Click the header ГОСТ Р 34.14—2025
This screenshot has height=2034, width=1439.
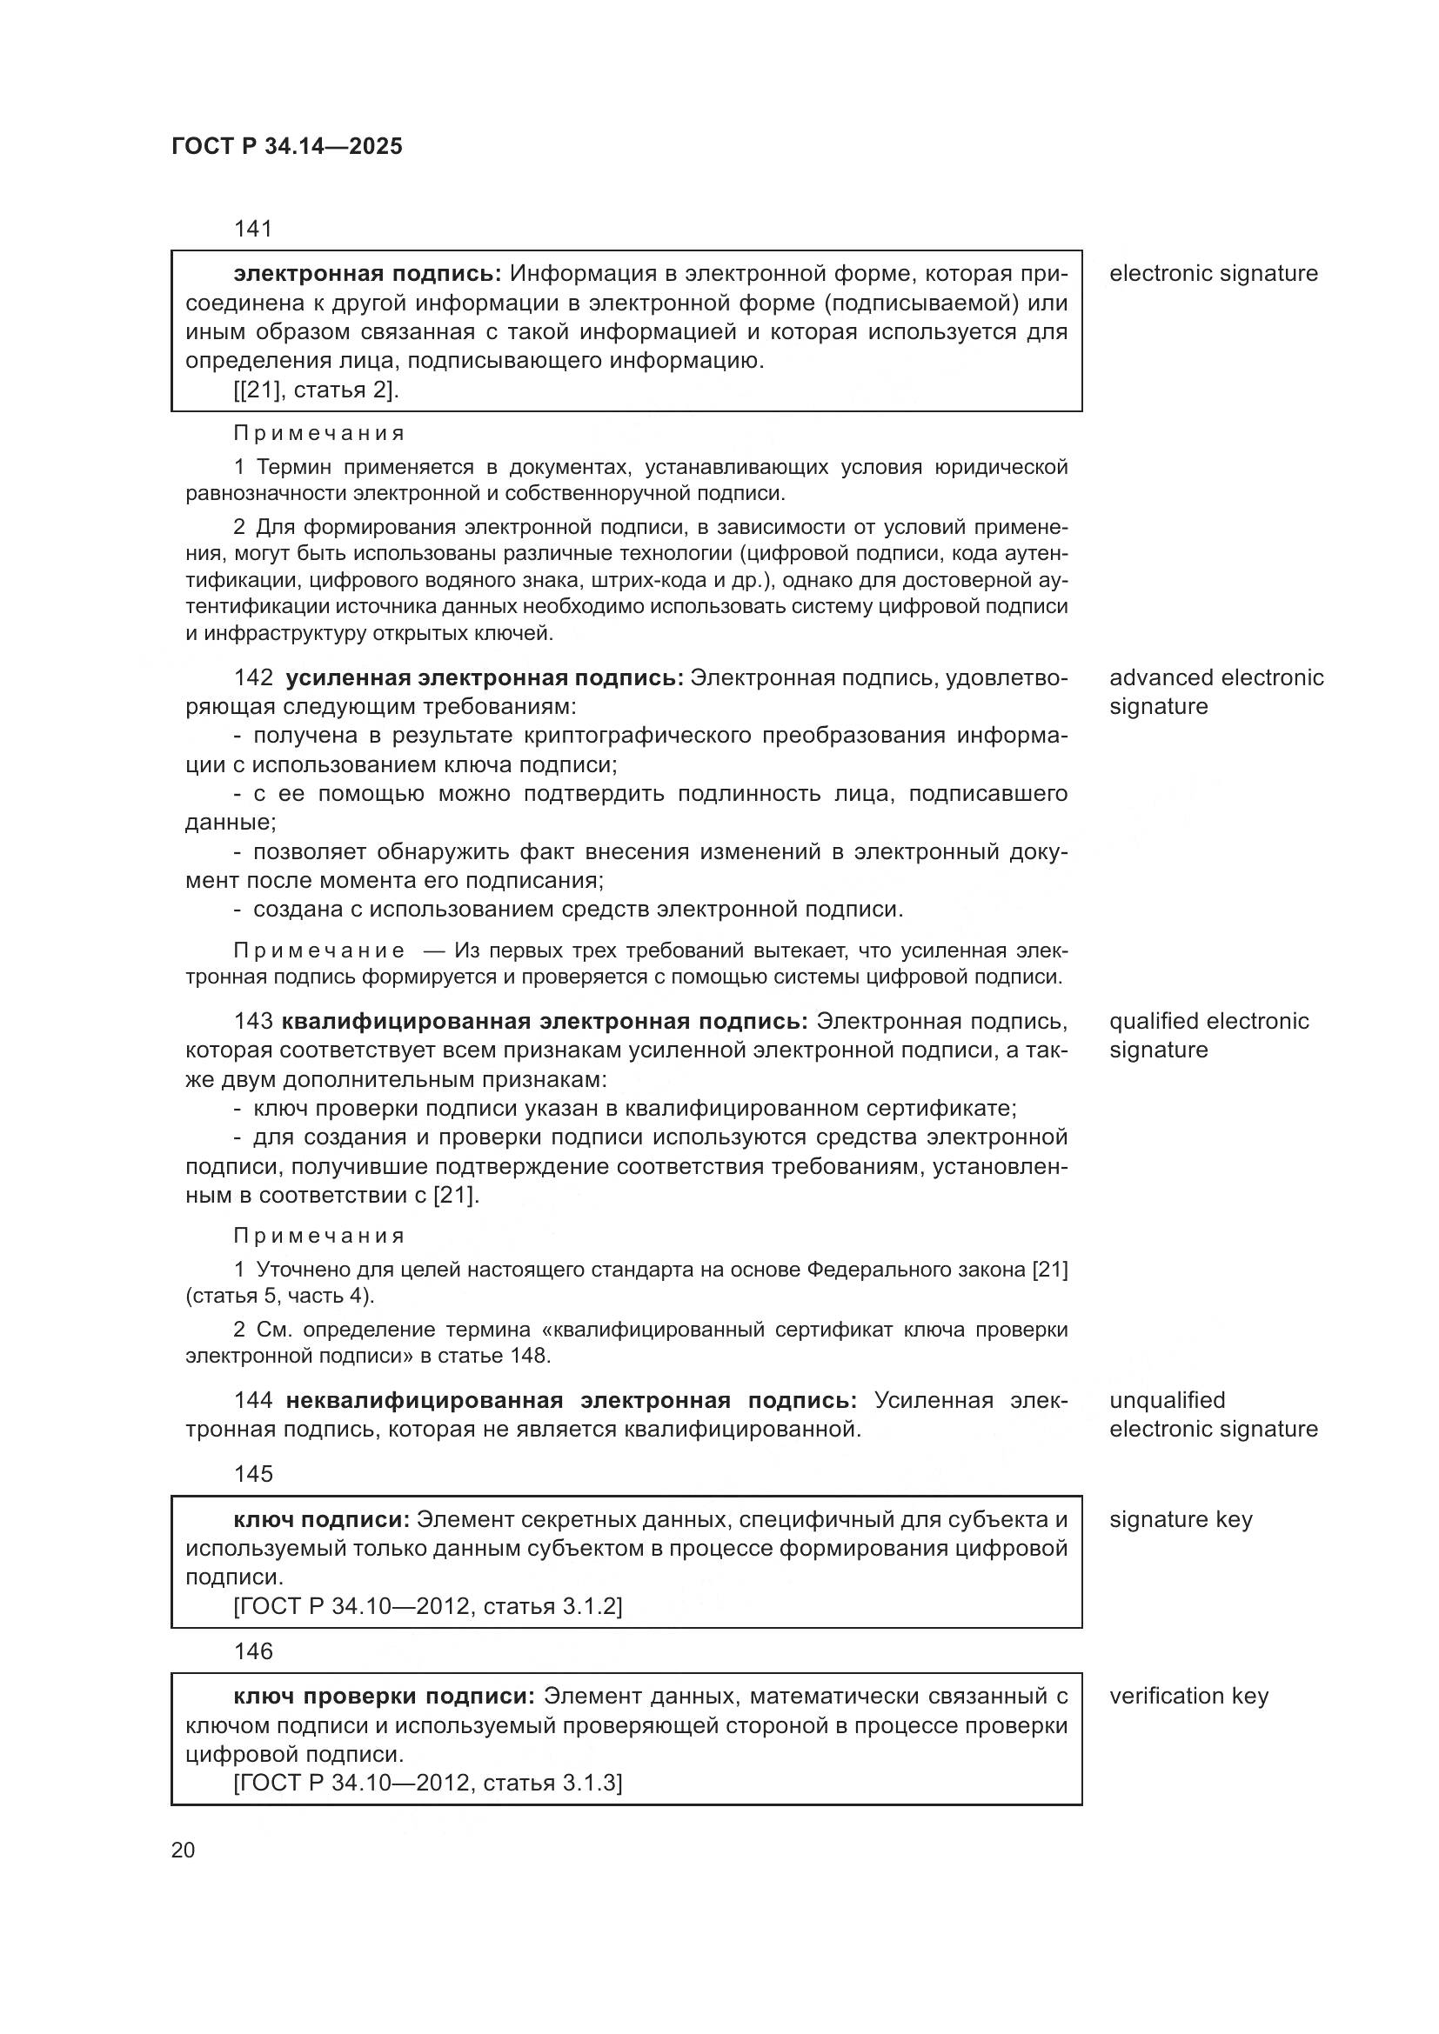point(286,146)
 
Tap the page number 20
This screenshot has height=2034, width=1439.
point(183,1850)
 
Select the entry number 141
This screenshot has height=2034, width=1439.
point(252,229)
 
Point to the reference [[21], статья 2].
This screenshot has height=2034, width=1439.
point(317,390)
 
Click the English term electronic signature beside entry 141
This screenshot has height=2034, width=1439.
point(1213,274)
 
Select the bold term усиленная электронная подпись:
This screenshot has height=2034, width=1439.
point(484,677)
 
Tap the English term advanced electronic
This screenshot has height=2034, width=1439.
point(1215,677)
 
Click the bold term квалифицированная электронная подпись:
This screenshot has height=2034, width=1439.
point(544,1022)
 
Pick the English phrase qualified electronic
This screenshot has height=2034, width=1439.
point(1208,1022)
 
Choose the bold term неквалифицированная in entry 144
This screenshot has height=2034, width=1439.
point(424,1400)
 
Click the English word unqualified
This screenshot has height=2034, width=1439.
point(1167,1400)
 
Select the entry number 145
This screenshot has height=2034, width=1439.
point(252,1473)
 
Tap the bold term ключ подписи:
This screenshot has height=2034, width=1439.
point(321,1519)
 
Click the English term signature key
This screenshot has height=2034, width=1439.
point(1181,1519)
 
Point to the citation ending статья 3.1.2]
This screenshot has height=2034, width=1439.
point(428,1606)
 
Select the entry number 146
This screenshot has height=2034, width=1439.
point(252,1651)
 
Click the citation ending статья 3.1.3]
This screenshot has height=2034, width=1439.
point(428,1783)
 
